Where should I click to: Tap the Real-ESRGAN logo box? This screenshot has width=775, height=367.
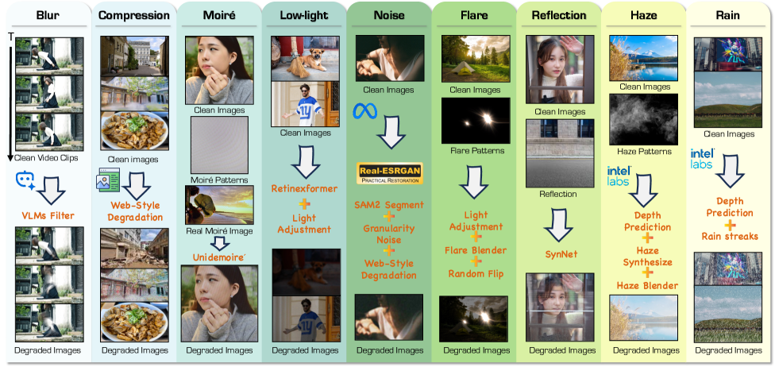(x=389, y=173)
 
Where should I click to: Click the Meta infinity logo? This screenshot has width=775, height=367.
(x=364, y=112)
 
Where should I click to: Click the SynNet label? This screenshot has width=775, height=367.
(x=561, y=255)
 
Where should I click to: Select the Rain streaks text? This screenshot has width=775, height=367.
(x=730, y=236)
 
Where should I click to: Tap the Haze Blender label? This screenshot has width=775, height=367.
(x=647, y=285)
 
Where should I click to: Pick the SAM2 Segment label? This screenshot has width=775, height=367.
(x=390, y=205)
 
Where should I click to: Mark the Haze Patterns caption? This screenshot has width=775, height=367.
(x=643, y=150)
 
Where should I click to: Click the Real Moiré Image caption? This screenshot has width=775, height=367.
(x=219, y=230)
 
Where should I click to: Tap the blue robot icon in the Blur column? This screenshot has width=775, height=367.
(x=25, y=181)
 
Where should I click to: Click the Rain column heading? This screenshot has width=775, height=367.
(x=728, y=15)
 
